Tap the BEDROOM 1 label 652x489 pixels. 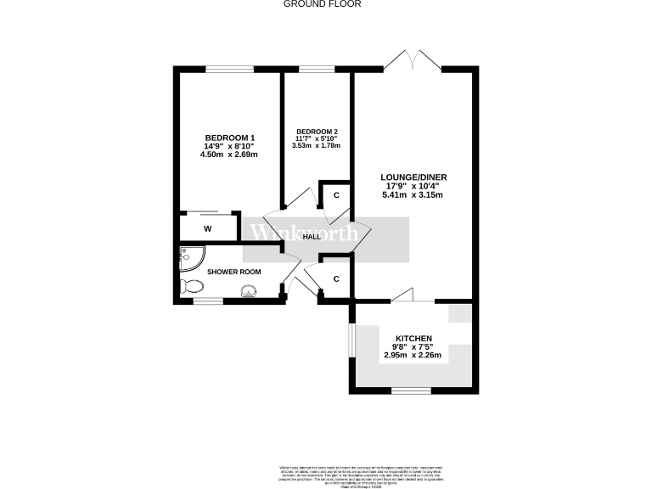[x=230, y=138]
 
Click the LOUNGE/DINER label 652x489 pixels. [x=413, y=177]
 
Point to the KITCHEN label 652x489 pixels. [x=413, y=337]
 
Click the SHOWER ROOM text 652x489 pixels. [x=234, y=272]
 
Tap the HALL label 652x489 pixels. [x=312, y=237]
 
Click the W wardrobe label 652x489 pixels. [x=207, y=228]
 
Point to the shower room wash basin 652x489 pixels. [x=249, y=292]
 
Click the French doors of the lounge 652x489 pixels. [x=412, y=61]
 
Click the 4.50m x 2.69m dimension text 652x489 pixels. [x=228, y=155]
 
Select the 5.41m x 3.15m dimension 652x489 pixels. [x=413, y=195]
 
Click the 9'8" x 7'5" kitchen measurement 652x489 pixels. [x=413, y=346]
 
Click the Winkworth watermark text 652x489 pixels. [x=297, y=233]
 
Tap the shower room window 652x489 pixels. [x=208, y=300]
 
